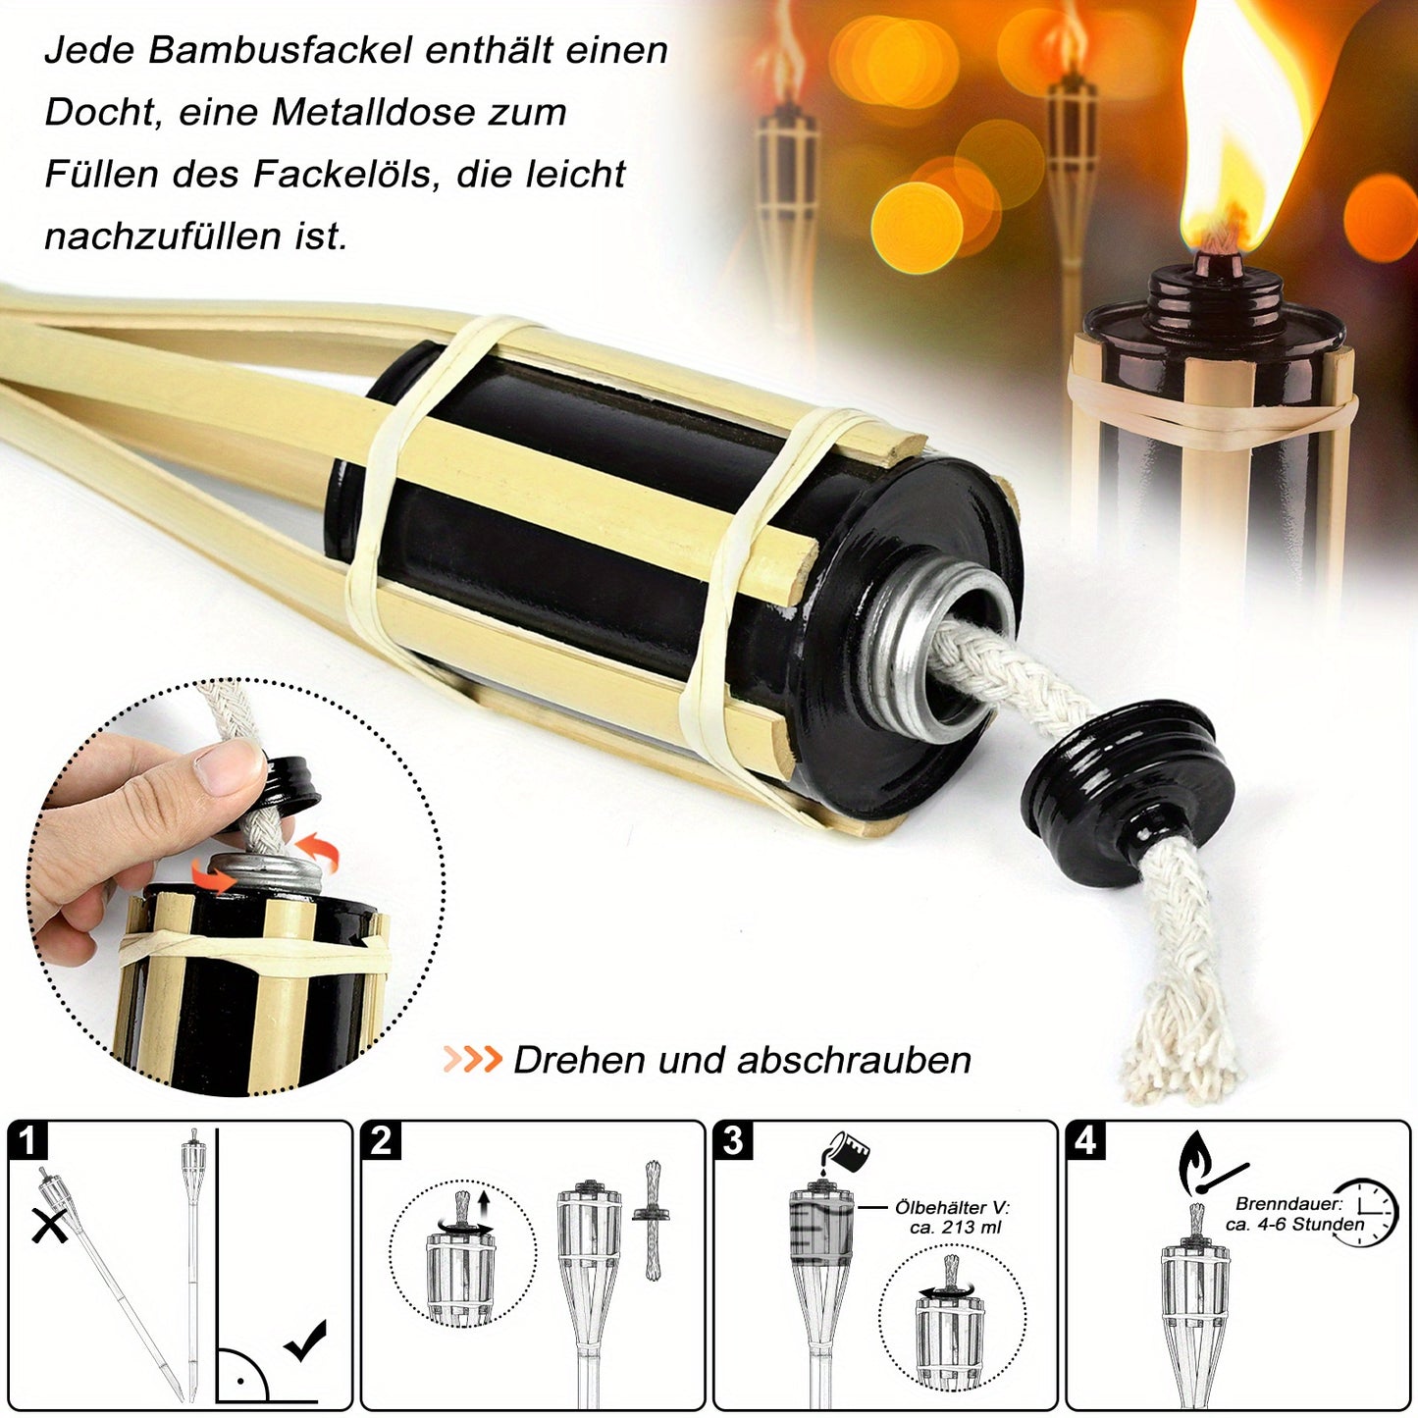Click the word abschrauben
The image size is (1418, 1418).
click(855, 1061)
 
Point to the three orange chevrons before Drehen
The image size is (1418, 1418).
click(472, 1060)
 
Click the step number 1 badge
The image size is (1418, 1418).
click(27, 1140)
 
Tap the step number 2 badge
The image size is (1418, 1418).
click(381, 1140)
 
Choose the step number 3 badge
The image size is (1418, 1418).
click(733, 1140)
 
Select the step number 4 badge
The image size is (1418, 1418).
click(1085, 1140)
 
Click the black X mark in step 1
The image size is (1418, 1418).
click(50, 1227)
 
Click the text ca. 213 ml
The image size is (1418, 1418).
click(955, 1227)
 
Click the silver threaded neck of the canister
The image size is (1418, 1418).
click(934, 652)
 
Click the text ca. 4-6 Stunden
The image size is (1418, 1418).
click(1295, 1224)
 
